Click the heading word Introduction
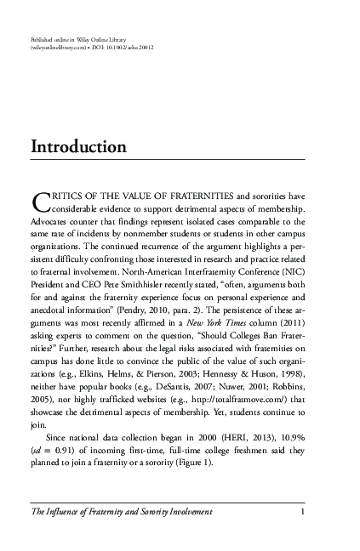78,147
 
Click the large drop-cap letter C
38,202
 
